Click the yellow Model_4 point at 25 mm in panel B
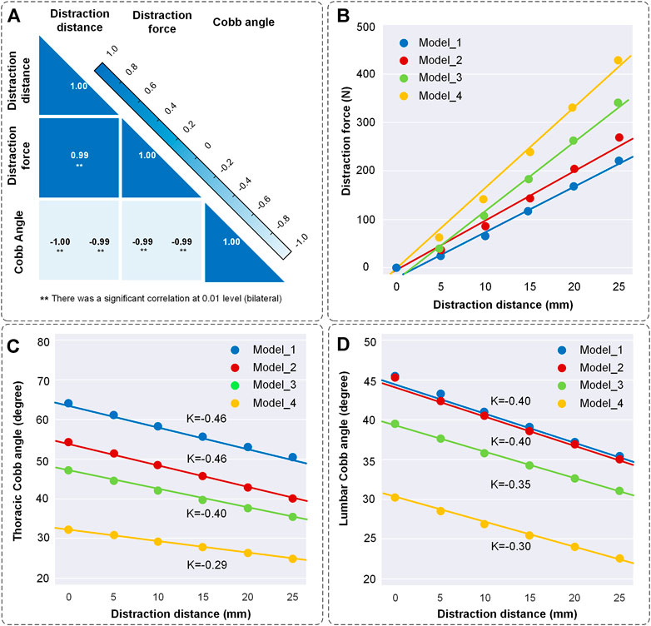click(618, 60)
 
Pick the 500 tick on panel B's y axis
click(361, 27)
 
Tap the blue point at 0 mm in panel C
click(68, 404)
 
